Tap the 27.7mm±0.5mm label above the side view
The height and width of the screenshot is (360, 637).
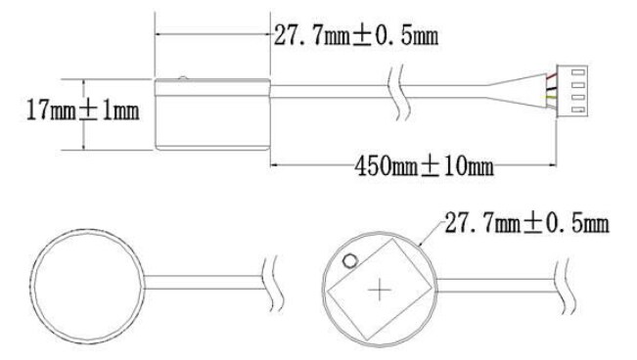(x=354, y=37)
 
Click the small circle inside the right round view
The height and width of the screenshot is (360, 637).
(x=349, y=260)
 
